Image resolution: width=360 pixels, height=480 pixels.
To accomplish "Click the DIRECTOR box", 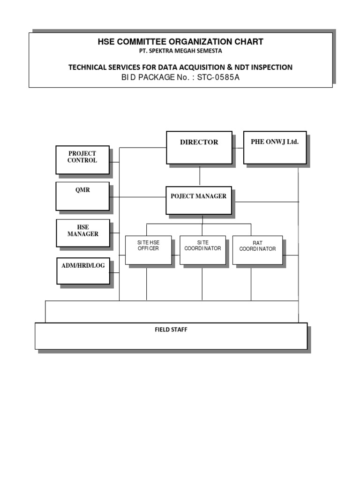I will (x=199, y=147).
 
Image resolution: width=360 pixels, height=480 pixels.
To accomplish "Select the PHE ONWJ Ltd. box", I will (x=275, y=147).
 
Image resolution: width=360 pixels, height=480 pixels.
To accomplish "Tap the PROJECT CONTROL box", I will (x=82, y=161).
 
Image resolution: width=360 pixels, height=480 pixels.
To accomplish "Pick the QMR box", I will (x=82, y=196).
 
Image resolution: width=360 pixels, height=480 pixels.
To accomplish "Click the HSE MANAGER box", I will (x=83, y=233).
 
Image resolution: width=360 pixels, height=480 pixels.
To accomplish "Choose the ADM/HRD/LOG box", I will (x=83, y=270).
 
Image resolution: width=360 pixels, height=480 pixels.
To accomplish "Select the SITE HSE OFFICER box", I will (x=148, y=250).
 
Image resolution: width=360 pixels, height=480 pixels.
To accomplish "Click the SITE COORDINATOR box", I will (x=202, y=250).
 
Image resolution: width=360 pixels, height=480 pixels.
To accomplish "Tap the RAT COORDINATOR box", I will (x=257, y=250).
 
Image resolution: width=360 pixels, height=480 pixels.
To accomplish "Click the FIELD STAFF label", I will (x=171, y=330).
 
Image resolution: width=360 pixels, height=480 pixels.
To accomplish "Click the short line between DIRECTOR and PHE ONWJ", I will (x=238, y=148).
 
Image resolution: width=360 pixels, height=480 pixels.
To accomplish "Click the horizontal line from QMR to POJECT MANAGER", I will (x=138, y=197).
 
